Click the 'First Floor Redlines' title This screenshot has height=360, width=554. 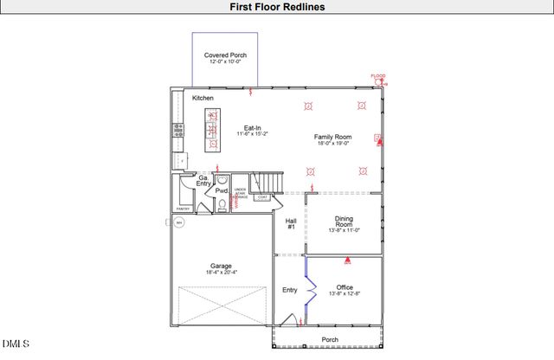click(x=277, y=7)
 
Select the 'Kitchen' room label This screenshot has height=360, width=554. click(x=203, y=98)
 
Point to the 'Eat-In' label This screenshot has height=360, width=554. click(x=253, y=128)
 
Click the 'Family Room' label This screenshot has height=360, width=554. click(x=332, y=138)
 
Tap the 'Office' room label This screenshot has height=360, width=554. click(x=345, y=287)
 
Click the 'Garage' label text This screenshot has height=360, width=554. click(x=221, y=266)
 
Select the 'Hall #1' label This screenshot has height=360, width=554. click(x=292, y=223)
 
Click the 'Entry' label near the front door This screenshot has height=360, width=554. click(x=290, y=290)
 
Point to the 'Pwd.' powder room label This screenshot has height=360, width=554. click(x=222, y=190)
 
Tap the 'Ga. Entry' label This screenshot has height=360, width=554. click(x=203, y=181)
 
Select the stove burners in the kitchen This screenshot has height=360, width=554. click(x=179, y=131)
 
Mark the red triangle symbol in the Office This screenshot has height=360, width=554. click(x=348, y=260)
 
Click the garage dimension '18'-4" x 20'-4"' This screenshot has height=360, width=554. click(x=221, y=273)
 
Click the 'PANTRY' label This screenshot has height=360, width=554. click(x=183, y=209)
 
